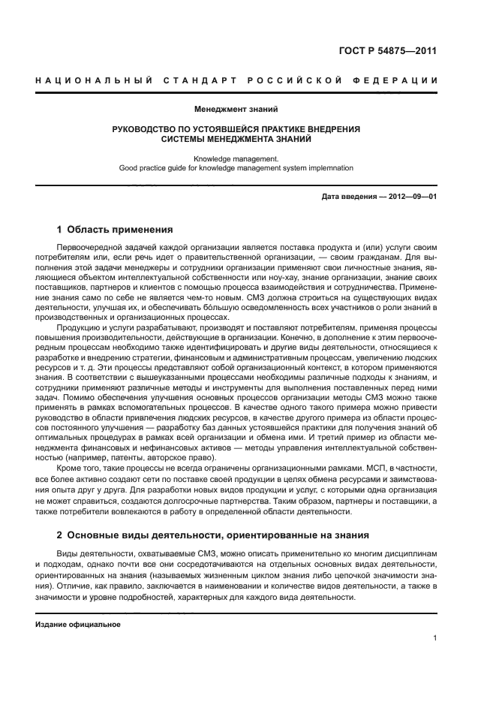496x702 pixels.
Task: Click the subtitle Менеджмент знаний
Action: [x=236, y=110]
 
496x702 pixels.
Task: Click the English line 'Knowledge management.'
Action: [x=236, y=158]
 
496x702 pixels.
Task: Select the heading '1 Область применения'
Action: [x=115, y=230]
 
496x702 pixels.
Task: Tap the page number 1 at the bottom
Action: [x=434, y=638]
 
